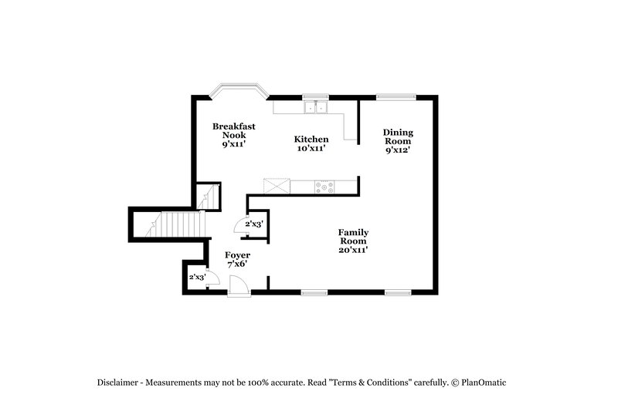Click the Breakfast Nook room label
click(234, 130)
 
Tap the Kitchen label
click(311, 139)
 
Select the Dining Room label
click(397, 136)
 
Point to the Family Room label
click(352, 236)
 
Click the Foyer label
click(237, 254)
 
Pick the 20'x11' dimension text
click(352, 249)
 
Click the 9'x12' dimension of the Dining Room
click(397, 150)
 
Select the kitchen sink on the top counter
click(315, 106)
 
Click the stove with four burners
click(324, 185)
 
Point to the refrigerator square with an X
click(276, 185)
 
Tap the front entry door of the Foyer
click(239, 287)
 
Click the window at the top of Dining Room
click(396, 96)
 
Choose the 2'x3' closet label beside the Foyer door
click(198, 277)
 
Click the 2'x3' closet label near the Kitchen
click(254, 224)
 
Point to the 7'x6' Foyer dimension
click(237, 264)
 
